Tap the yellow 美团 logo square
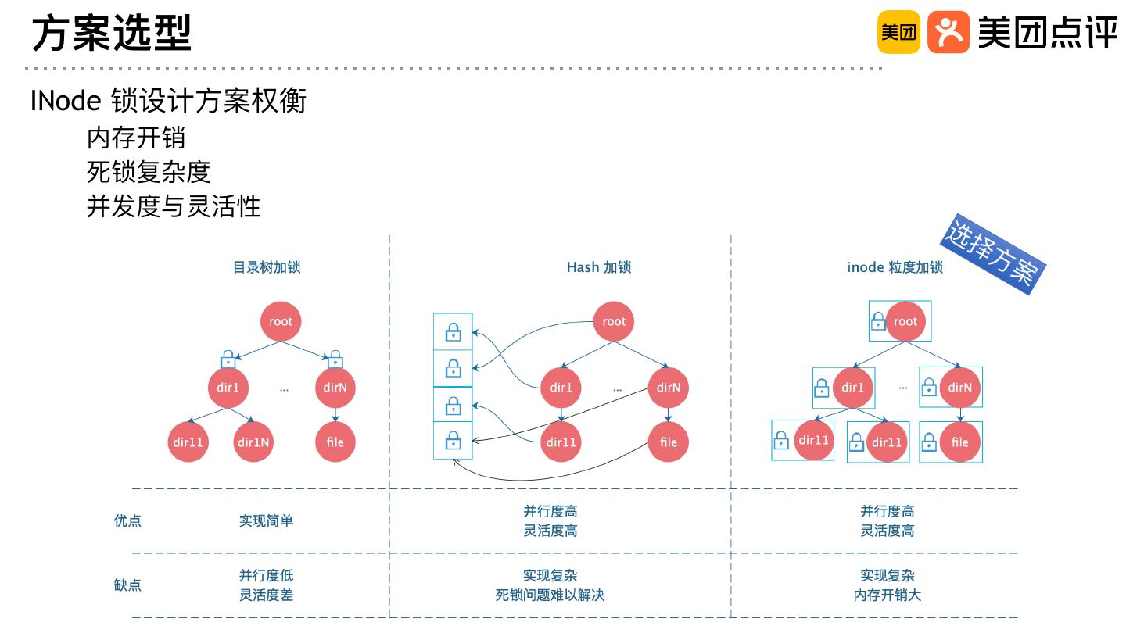pyautogui.click(x=898, y=32)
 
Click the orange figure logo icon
pyautogui.click(x=948, y=32)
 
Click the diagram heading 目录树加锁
pyautogui.click(x=267, y=267)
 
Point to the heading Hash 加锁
pyautogui.click(x=599, y=267)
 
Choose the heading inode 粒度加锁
pyautogui.click(x=895, y=267)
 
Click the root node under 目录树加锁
pyautogui.click(x=280, y=321)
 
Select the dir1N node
pyautogui.click(x=253, y=442)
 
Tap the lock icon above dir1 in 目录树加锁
pyautogui.click(x=228, y=359)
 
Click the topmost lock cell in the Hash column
pyautogui.click(x=453, y=332)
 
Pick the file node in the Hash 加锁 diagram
pyautogui.click(x=668, y=442)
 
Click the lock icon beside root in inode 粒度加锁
pyautogui.click(x=879, y=320)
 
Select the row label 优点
pyautogui.click(x=128, y=520)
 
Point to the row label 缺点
pyautogui.click(x=128, y=585)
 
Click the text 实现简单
pyautogui.click(x=266, y=520)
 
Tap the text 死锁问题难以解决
pyautogui.click(x=550, y=595)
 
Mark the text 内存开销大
pyautogui.click(x=888, y=595)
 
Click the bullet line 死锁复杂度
pyautogui.click(x=149, y=172)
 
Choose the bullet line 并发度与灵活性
pyautogui.click(x=173, y=206)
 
